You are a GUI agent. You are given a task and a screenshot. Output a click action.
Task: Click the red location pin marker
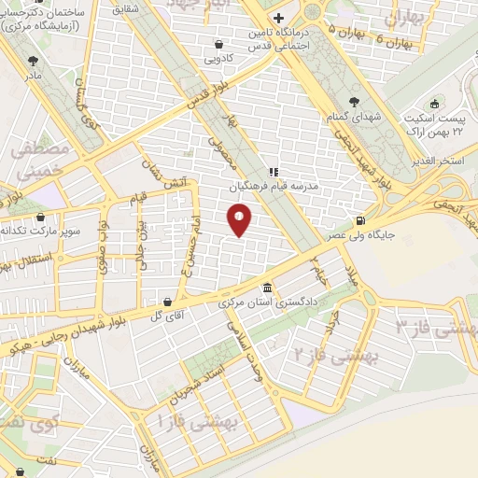click(240, 219)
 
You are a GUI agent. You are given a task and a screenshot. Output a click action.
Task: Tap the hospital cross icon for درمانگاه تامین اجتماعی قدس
click(278, 19)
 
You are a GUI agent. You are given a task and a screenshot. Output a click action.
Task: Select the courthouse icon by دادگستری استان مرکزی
click(269, 288)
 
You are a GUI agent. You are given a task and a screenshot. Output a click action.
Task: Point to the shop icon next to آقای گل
click(167, 302)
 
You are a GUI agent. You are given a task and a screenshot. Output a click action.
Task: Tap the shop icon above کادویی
click(218, 43)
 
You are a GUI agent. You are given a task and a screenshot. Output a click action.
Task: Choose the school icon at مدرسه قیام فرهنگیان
click(274, 172)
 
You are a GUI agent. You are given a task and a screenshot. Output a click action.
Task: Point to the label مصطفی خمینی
click(38, 159)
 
